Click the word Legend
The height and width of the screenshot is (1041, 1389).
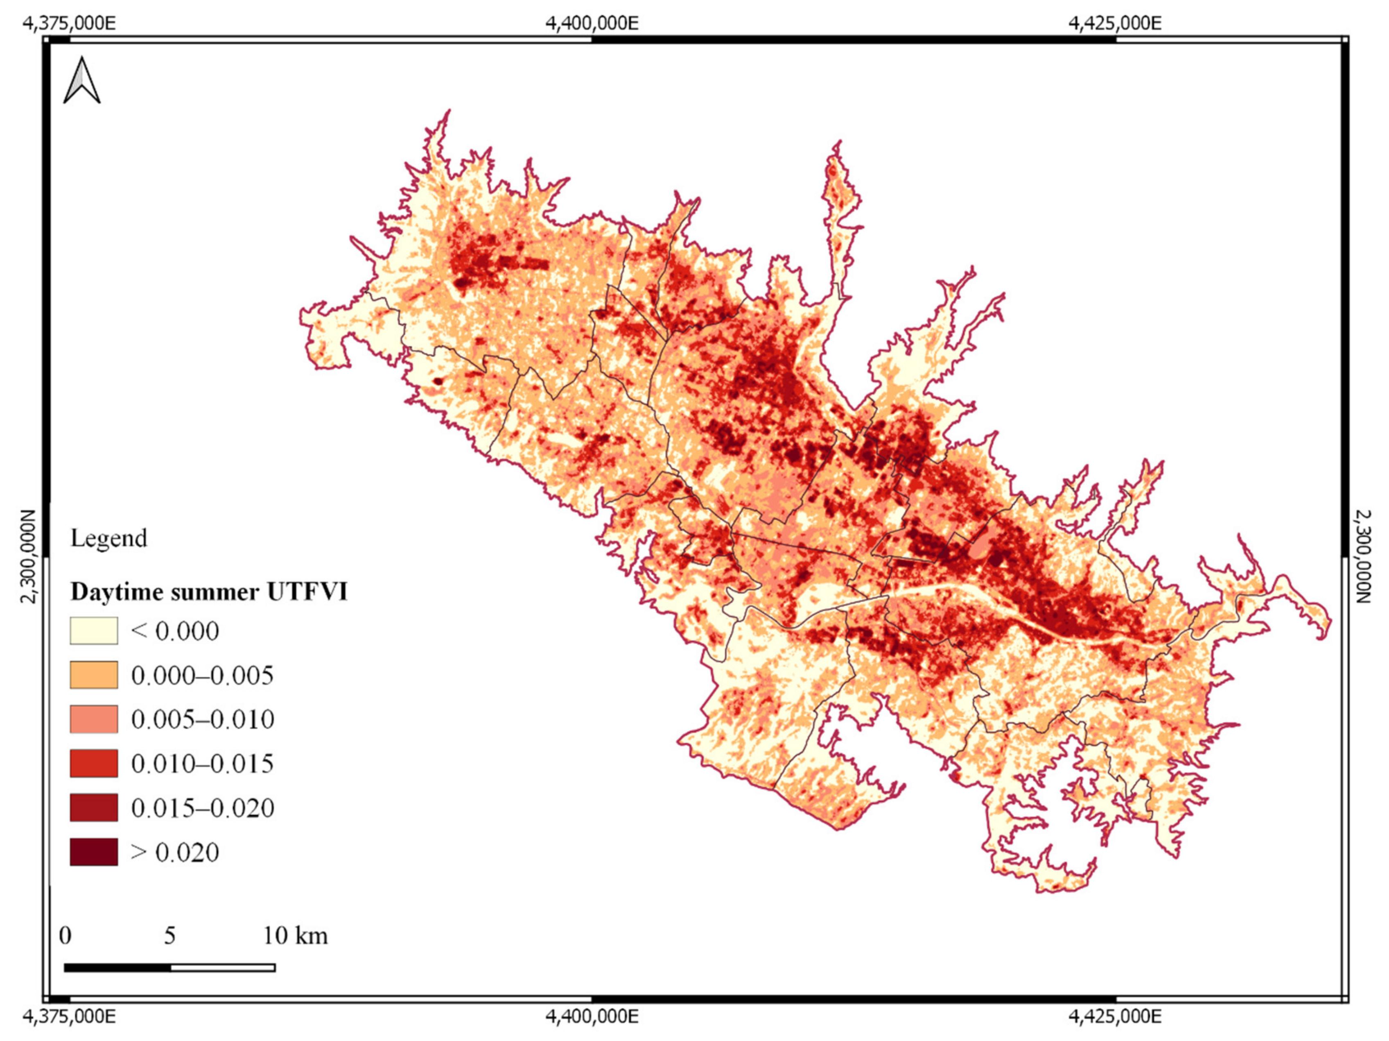(x=108, y=538)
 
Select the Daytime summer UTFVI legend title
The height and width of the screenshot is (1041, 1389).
(x=208, y=592)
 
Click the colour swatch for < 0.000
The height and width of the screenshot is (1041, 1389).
(x=94, y=631)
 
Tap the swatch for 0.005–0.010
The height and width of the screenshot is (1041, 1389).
(x=94, y=719)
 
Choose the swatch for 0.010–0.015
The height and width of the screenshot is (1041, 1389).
(x=94, y=763)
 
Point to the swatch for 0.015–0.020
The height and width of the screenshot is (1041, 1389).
(x=94, y=808)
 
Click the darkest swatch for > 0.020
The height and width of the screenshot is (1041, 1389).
(x=94, y=853)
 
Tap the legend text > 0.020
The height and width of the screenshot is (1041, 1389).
(x=174, y=853)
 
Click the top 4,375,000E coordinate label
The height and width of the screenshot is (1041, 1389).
(x=69, y=23)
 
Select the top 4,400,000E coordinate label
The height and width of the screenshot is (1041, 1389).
(x=592, y=23)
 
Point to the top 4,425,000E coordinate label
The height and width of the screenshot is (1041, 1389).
(x=1115, y=23)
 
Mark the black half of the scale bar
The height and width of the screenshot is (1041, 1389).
(x=117, y=968)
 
